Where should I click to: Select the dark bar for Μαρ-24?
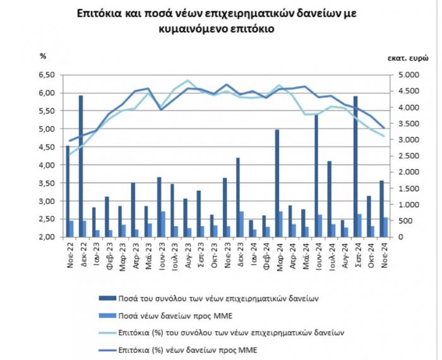[277, 183]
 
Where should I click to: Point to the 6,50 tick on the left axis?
[48, 75]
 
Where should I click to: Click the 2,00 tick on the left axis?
[48, 237]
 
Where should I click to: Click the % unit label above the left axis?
[44, 56]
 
